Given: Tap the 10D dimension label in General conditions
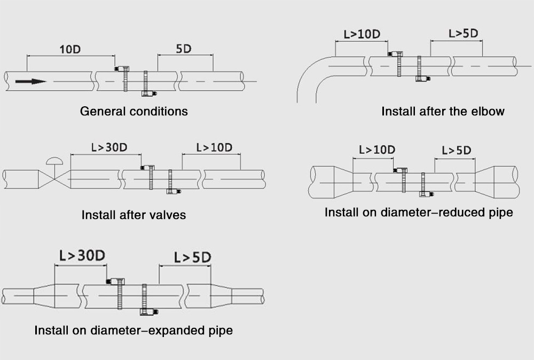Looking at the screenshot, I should pos(69,49).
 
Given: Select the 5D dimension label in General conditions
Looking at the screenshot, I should pos(184,49).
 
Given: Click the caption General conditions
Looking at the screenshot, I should pos(133,112).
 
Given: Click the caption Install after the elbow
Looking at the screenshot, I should pos(443,112).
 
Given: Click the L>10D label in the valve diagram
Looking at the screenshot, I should pos(214,147).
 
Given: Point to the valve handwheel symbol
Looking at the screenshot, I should pos(54,160).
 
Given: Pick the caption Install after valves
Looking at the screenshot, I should pos(133,215).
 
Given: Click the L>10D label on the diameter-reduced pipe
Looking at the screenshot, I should pos(377,150).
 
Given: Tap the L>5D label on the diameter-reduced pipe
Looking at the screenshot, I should pos(457,151).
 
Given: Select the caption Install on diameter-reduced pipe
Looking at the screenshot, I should pos(419,213).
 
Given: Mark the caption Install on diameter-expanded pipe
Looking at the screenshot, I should pos(133,330).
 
